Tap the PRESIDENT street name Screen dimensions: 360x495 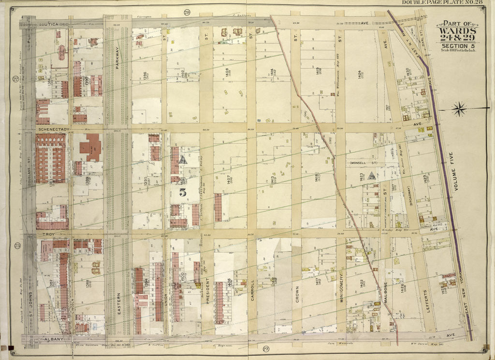[x=206, y=287]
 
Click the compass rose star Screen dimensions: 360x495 [x=459, y=108]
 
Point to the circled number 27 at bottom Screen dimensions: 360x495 [x=265, y=349]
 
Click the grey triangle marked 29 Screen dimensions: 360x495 [x=371, y=176]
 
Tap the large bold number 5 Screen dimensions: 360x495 [x=183, y=191]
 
